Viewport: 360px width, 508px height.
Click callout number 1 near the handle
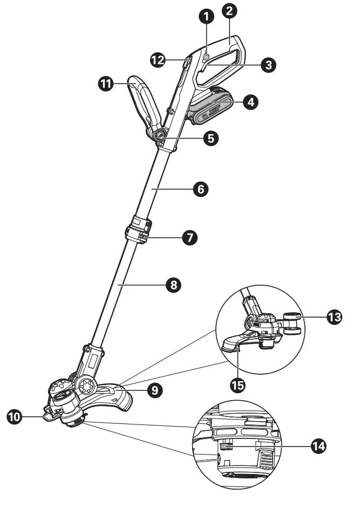tap(206, 16)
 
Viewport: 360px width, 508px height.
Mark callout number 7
tap(189, 237)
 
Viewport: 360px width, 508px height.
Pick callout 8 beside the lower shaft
tap(173, 285)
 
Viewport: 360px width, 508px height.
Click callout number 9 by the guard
tap(155, 390)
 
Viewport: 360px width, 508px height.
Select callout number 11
tap(106, 84)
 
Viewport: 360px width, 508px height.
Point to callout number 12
tap(158, 60)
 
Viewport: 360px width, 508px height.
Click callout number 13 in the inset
tap(335, 317)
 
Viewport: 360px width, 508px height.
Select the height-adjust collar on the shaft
tap(138, 229)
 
